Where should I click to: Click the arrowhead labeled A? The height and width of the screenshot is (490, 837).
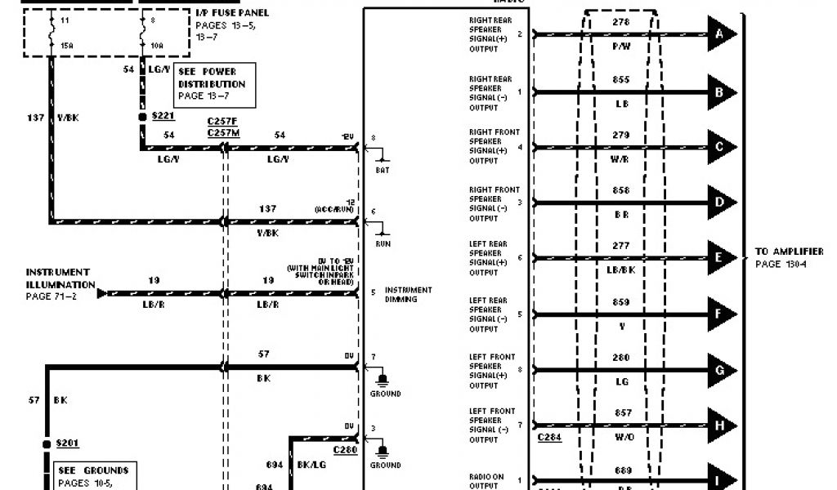click(x=721, y=34)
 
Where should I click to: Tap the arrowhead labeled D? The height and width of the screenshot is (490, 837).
click(x=721, y=203)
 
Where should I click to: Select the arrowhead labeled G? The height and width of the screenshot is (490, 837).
click(x=721, y=370)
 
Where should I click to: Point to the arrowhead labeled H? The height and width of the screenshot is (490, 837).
click(x=721, y=425)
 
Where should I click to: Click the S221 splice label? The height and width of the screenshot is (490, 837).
click(x=163, y=118)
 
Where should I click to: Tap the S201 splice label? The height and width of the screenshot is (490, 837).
click(x=69, y=443)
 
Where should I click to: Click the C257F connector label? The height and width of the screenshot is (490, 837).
click(x=222, y=120)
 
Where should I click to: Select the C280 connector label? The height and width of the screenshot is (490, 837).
click(x=345, y=449)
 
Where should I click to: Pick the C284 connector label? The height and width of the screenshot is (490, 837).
click(x=548, y=438)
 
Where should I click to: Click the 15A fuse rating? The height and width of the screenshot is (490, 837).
click(x=66, y=46)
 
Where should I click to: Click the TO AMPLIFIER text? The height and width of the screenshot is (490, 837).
click(x=789, y=252)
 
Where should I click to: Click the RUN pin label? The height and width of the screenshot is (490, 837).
click(x=383, y=243)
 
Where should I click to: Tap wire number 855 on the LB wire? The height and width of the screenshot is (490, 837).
click(x=621, y=79)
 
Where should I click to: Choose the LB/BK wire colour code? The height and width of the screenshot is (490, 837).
click(x=621, y=269)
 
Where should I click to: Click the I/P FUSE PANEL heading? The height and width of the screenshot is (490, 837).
click(x=232, y=13)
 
